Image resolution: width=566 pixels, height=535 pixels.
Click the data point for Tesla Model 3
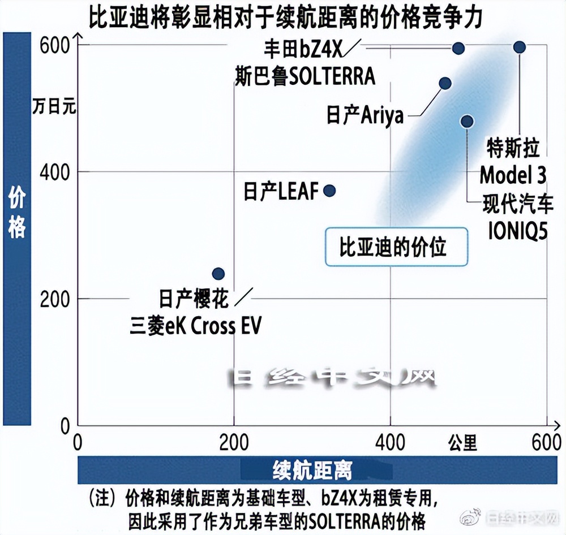click(520, 47)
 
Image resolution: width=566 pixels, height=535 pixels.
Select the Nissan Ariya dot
click(445, 83)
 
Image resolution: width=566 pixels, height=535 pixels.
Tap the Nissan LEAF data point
click(329, 191)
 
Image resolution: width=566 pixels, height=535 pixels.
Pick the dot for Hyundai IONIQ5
click(467, 122)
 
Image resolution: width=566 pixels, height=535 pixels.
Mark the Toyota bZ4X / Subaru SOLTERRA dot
click(458, 48)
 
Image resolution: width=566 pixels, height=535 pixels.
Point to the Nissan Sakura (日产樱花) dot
click(218, 274)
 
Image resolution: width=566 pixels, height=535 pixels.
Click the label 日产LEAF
click(281, 191)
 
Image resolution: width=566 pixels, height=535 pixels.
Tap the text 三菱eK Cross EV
click(196, 326)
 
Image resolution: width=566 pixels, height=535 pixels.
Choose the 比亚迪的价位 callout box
click(396, 247)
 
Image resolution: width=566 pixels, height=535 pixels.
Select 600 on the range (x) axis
click(546, 442)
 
